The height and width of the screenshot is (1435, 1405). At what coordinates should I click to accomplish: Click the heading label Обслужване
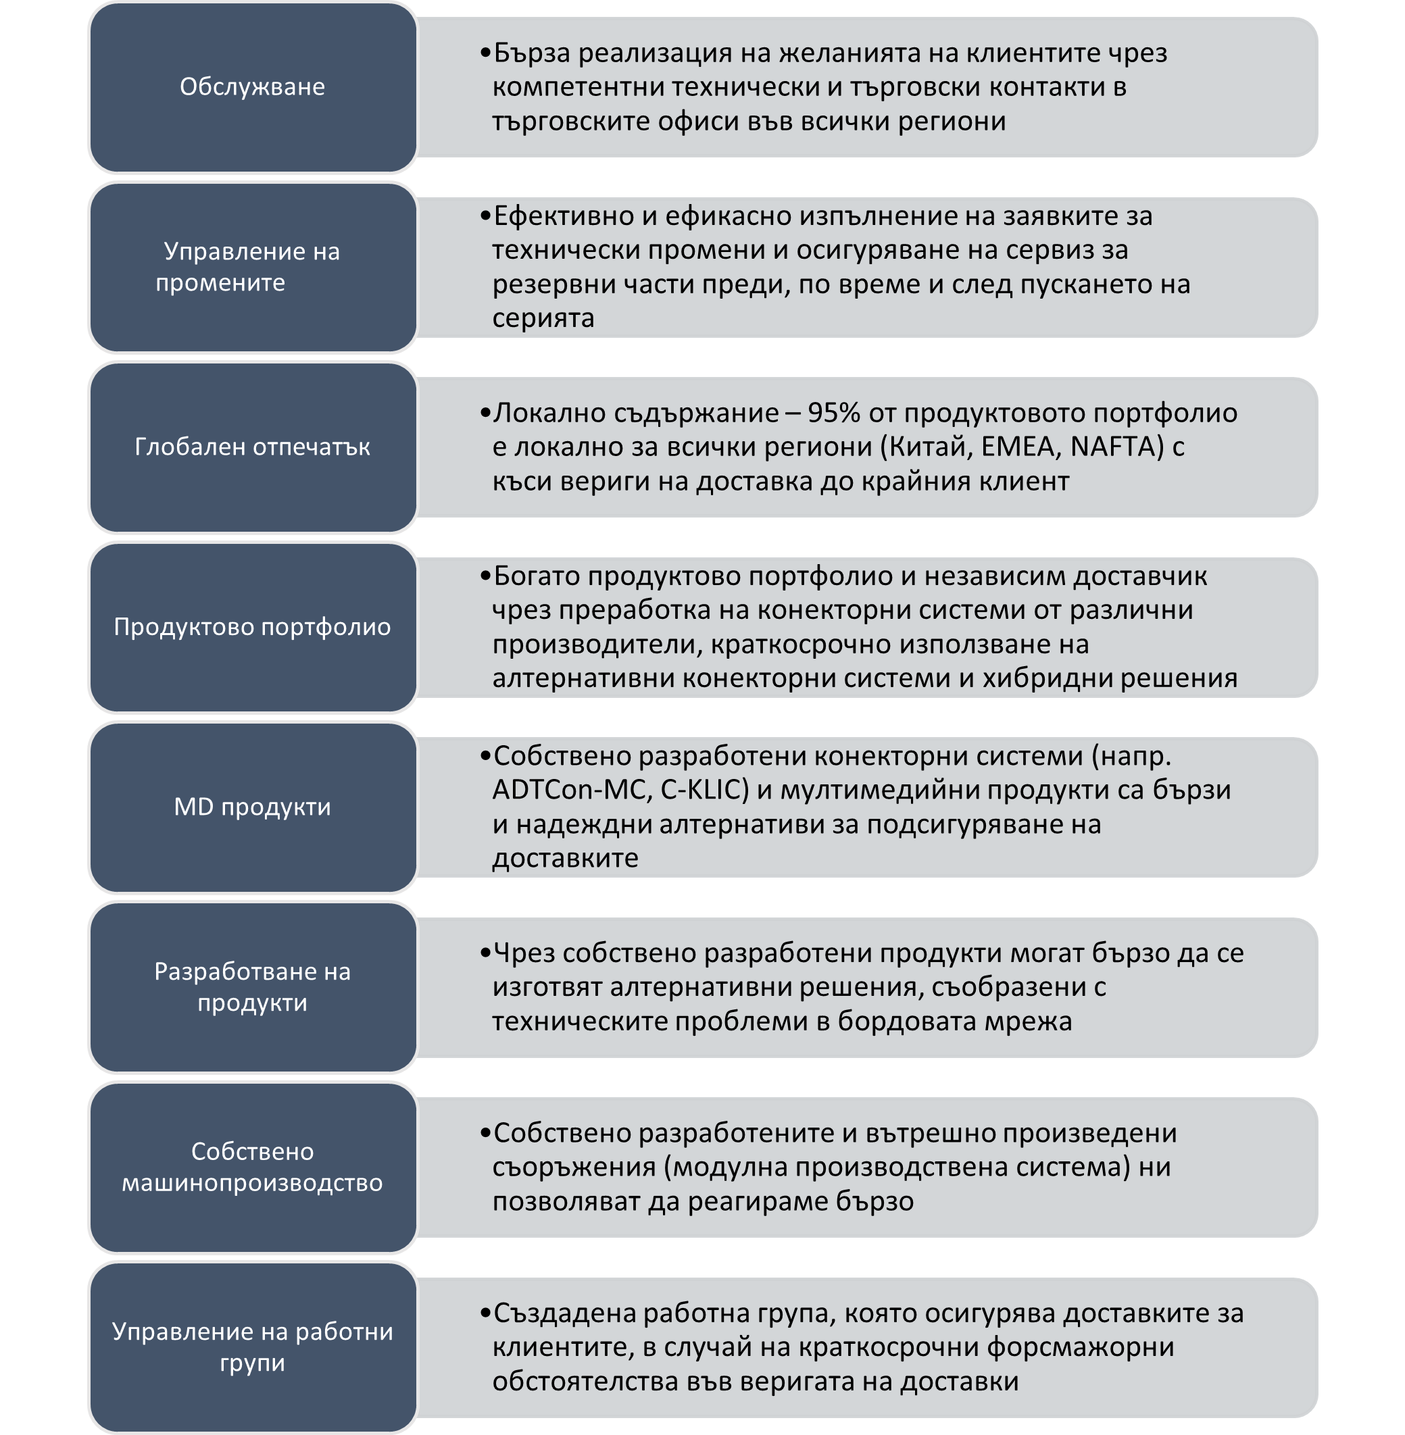(252, 87)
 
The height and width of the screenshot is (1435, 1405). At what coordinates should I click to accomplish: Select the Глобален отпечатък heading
(252, 447)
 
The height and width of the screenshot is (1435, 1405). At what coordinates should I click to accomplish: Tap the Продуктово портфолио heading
(252, 627)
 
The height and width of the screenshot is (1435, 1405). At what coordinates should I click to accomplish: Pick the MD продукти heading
(252, 807)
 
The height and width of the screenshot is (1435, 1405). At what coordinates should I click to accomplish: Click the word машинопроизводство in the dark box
(252, 1183)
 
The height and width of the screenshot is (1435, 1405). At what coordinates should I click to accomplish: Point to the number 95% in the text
(834, 413)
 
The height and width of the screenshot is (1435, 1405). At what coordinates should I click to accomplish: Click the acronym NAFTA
(1116, 447)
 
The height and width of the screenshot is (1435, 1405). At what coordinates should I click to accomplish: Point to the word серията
(543, 319)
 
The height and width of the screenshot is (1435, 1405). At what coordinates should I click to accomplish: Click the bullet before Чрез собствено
(485, 954)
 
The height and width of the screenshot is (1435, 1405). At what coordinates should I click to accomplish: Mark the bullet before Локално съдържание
(485, 413)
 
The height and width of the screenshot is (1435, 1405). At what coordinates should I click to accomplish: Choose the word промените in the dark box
(220, 283)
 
